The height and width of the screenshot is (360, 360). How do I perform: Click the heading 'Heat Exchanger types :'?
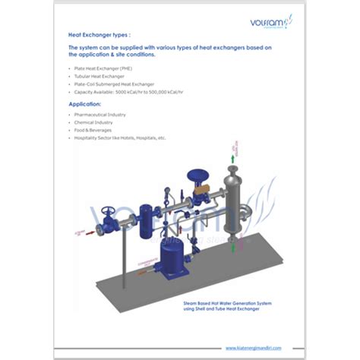(x=94, y=35)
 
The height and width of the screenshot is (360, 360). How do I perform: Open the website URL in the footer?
(x=254, y=348)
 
